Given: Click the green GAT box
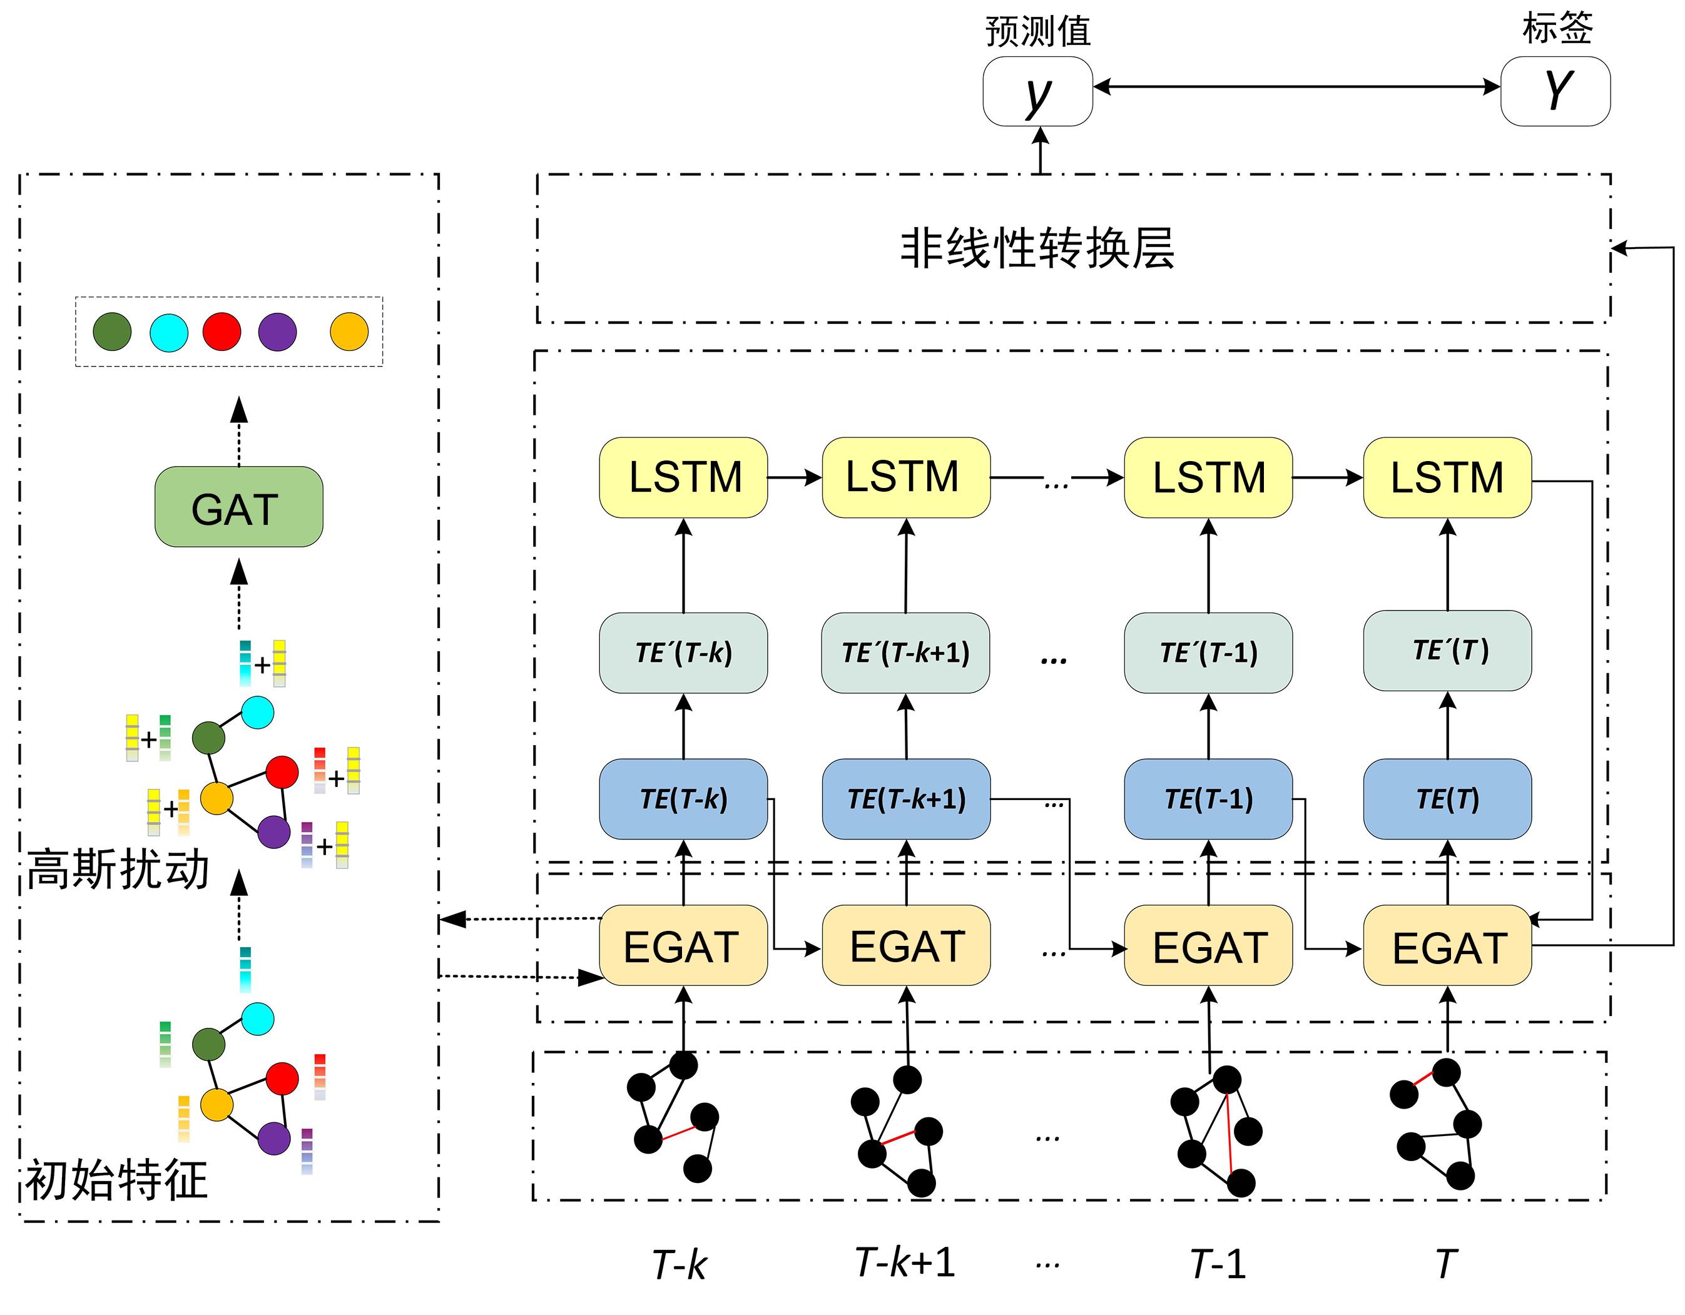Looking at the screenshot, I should [x=238, y=507].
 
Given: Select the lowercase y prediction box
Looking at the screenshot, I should [x=1037, y=91].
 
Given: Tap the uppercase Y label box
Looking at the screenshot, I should [x=1555, y=91].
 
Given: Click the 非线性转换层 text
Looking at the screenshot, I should [x=1037, y=248].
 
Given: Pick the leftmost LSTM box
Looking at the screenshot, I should [x=683, y=477].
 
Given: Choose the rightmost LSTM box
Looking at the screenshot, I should [x=1447, y=477].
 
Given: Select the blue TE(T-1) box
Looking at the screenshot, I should [x=1208, y=799].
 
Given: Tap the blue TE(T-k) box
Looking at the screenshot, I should [x=683, y=799].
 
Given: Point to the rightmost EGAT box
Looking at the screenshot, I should [x=1447, y=945].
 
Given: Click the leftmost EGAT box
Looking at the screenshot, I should [x=683, y=945].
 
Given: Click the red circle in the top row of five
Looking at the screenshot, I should [x=221, y=332].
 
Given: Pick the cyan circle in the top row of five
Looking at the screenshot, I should [x=169, y=332].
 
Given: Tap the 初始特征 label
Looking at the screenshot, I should [x=116, y=1180].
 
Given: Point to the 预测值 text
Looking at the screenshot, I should [x=1037, y=31].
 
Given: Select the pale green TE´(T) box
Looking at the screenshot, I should [x=1447, y=650].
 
